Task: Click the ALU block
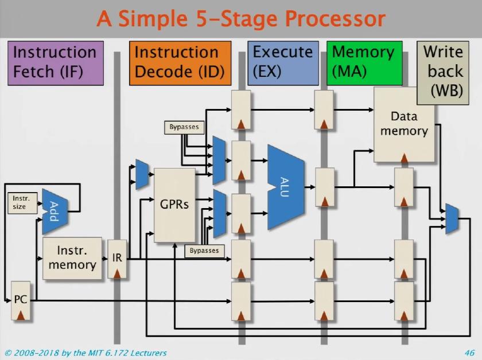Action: coord(286,187)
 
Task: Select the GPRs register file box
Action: coord(175,205)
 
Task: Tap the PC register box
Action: coord(20,304)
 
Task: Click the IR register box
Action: coord(117,259)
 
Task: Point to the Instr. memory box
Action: coord(72,259)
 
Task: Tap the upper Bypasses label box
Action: coord(184,127)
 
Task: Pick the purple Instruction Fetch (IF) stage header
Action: coord(55,62)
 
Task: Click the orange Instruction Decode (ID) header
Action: coord(180,62)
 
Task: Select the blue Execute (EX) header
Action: coord(283,62)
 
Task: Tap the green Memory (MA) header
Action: coord(364,62)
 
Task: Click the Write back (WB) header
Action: coord(443,72)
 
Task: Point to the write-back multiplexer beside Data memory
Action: coord(452,218)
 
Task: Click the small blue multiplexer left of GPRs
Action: coord(142,174)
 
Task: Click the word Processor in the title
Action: coord(335,18)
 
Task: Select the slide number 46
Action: coord(469,353)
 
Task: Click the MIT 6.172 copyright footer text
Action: coord(85,353)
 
